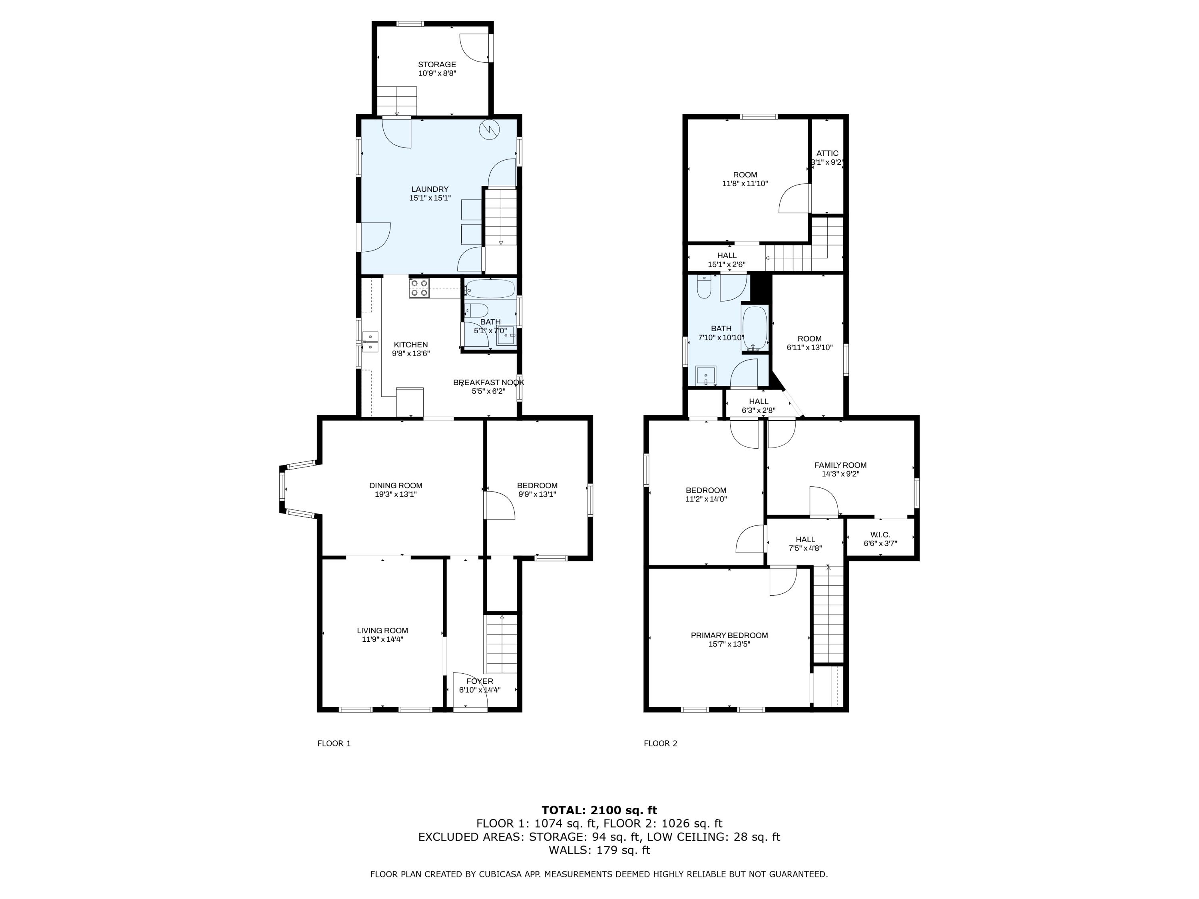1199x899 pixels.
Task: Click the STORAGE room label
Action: [x=436, y=64]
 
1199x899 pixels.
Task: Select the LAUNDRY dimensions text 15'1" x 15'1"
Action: [x=430, y=198]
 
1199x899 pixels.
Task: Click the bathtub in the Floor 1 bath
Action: [x=490, y=289]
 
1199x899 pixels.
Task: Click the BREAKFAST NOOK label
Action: [x=488, y=382]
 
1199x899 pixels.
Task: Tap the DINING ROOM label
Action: [x=396, y=485]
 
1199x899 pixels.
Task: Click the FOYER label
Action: [x=480, y=681]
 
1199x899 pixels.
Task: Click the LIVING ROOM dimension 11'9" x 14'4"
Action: [x=383, y=639]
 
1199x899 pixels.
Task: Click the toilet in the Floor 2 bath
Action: [x=703, y=287]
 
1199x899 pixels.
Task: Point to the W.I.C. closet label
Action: [x=880, y=535]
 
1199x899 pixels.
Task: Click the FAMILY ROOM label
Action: [x=840, y=465]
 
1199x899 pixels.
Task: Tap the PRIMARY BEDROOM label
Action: [x=729, y=635]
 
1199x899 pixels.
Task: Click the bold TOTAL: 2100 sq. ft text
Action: [x=599, y=810]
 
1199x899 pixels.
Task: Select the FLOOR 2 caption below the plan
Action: [x=660, y=744]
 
